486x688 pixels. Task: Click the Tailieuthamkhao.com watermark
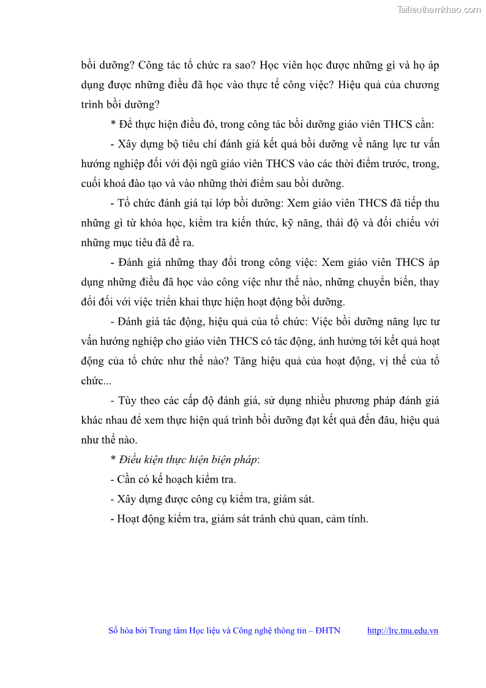439,9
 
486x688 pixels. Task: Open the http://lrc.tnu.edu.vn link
402,630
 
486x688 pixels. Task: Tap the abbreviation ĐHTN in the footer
327,630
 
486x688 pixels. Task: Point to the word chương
422,85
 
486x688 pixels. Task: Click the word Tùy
127,401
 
